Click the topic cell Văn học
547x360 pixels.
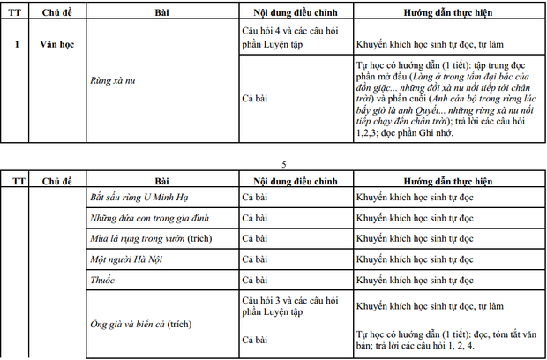tap(60, 42)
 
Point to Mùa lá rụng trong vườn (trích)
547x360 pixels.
tap(152, 239)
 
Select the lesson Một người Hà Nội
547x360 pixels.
tap(127, 260)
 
